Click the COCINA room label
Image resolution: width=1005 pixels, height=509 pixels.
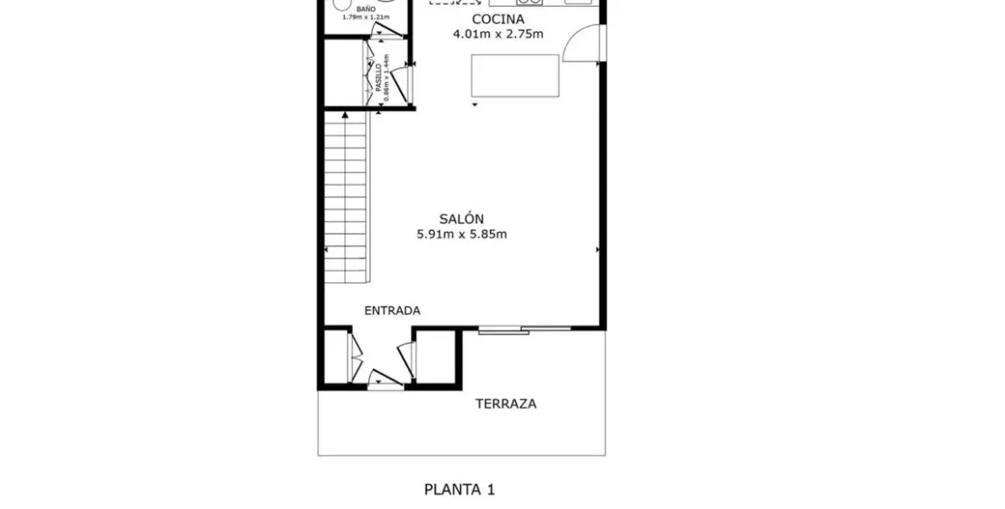coord(498,19)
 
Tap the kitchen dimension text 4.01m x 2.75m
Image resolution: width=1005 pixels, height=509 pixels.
coord(498,35)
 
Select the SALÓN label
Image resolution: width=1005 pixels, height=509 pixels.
coord(461,219)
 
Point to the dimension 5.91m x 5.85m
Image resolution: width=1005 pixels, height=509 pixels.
coord(461,234)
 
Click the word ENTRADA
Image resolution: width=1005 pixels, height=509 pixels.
coord(392,311)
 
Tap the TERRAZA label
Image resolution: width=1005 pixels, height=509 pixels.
coord(506,404)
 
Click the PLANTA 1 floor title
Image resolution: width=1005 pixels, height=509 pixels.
coord(459,489)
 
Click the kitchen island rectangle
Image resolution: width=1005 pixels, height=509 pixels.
coord(514,76)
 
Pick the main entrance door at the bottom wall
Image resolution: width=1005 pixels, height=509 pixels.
coord(385,380)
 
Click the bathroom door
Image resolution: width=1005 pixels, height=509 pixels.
coord(387,32)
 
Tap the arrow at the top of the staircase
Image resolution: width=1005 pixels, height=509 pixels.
coord(345,114)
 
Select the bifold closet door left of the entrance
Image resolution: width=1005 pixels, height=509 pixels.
coord(354,355)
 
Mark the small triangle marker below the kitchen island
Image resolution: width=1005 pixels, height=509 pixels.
coord(474,105)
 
